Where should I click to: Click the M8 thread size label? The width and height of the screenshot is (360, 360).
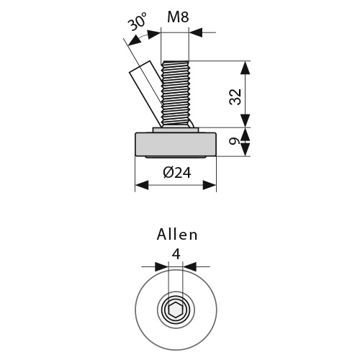pos(178,17)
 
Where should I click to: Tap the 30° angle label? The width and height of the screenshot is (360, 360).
pos(137,21)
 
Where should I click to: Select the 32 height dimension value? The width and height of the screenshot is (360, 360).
pos(235,96)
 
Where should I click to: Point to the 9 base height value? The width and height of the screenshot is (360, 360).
pos(234,141)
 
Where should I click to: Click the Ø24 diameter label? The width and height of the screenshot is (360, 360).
pos(177,173)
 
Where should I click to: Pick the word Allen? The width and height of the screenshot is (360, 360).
pos(177,235)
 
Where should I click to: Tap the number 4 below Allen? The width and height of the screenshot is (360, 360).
pos(176,254)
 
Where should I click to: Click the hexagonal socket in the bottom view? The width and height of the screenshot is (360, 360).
pos(176,311)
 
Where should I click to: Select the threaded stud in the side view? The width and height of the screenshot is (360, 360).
pos(175,94)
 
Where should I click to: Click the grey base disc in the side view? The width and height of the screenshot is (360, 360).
pos(176,144)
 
